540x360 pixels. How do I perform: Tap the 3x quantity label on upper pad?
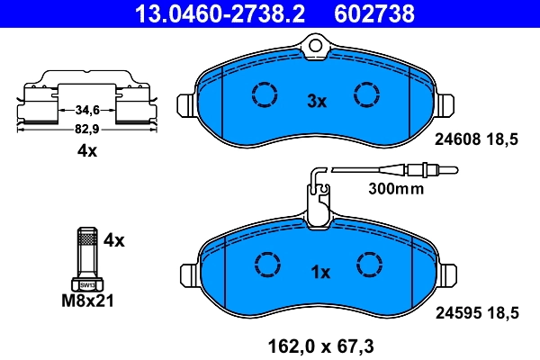click(316, 102)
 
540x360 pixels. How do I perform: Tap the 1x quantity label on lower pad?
click(320, 272)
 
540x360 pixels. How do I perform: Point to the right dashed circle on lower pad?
click(370, 263)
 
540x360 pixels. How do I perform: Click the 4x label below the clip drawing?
click(86, 151)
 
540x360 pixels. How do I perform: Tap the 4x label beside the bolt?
click(113, 240)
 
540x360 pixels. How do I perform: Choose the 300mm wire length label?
click(395, 189)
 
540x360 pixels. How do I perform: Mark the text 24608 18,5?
click(478, 139)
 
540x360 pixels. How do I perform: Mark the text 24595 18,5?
click(478, 313)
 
